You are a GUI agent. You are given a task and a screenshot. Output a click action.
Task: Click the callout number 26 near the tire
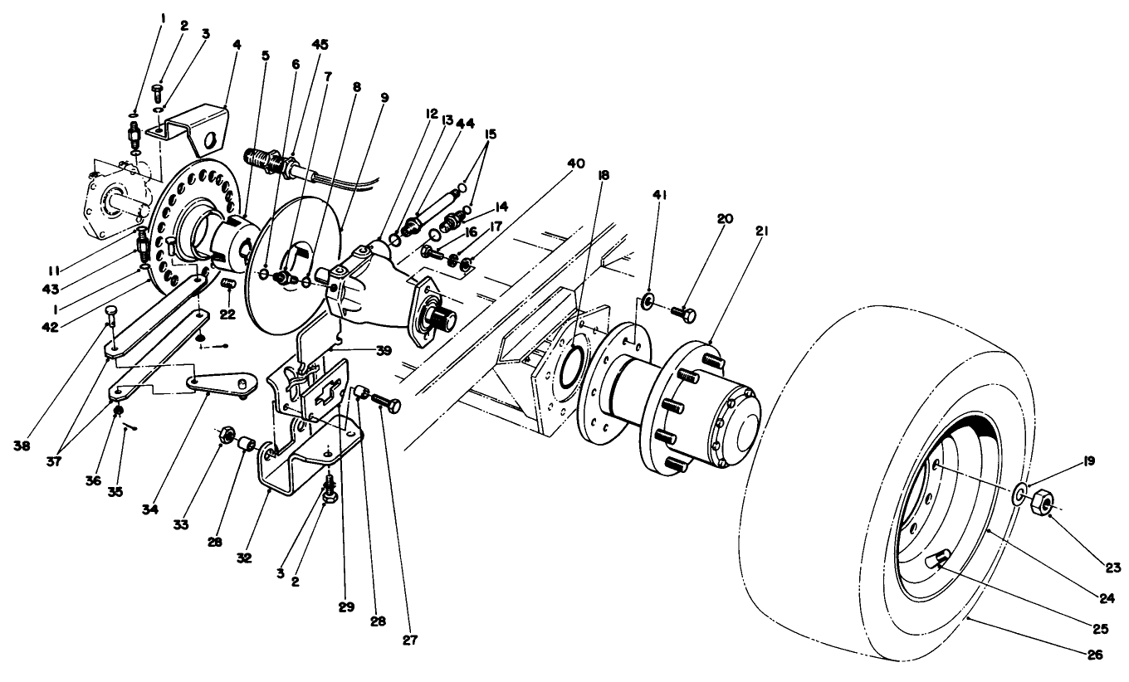pyautogui.click(x=1094, y=655)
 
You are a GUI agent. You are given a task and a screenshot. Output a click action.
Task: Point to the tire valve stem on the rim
pyautogui.click(x=936, y=563)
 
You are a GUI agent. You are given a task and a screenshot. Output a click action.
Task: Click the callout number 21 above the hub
pyautogui.click(x=761, y=232)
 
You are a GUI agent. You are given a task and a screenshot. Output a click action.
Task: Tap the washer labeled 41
pyautogui.click(x=648, y=299)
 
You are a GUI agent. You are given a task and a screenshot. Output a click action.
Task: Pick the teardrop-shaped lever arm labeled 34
pyautogui.click(x=220, y=383)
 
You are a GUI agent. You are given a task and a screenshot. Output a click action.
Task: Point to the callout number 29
pyautogui.click(x=345, y=606)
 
